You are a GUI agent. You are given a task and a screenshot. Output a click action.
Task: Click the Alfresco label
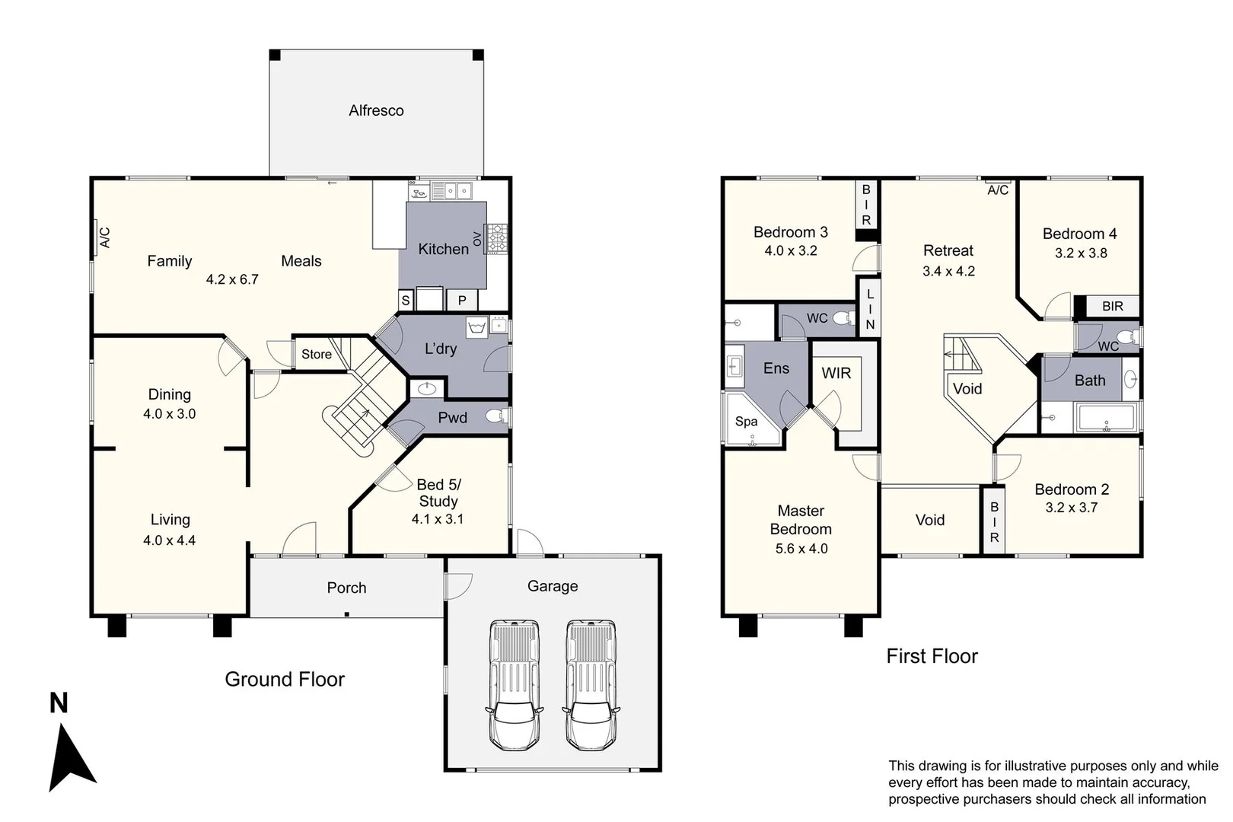[376, 110]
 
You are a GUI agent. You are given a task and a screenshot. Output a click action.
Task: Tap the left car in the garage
[515, 685]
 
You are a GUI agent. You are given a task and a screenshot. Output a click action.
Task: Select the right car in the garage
[591, 685]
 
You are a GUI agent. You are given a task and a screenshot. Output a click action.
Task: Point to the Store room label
[317, 354]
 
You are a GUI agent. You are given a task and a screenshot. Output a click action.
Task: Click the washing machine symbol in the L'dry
[476, 328]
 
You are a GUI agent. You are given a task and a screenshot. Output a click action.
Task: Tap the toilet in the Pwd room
[495, 416]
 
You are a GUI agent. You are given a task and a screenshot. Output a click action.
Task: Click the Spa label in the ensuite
[746, 421]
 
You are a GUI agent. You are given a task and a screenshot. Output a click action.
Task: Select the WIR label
[836, 373]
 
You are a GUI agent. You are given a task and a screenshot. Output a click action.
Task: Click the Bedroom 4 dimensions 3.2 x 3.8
[1080, 253]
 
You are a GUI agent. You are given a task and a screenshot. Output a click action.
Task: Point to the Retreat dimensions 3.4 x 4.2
[948, 271]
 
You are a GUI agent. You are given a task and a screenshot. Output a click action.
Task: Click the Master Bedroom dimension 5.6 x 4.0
[801, 548]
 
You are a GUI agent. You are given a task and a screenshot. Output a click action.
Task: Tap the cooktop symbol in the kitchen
[496, 238]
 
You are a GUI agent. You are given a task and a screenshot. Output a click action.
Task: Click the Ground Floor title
[285, 679]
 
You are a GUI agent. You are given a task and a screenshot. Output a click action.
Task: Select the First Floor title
[932, 656]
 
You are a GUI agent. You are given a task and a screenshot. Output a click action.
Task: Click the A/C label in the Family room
[105, 237]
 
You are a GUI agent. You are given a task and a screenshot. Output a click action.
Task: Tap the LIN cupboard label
[870, 308]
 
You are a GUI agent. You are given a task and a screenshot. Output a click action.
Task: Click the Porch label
[346, 588]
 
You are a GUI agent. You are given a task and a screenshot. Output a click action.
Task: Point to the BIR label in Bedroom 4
[1112, 306]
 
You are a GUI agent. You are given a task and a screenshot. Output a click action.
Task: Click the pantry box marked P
[461, 300]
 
